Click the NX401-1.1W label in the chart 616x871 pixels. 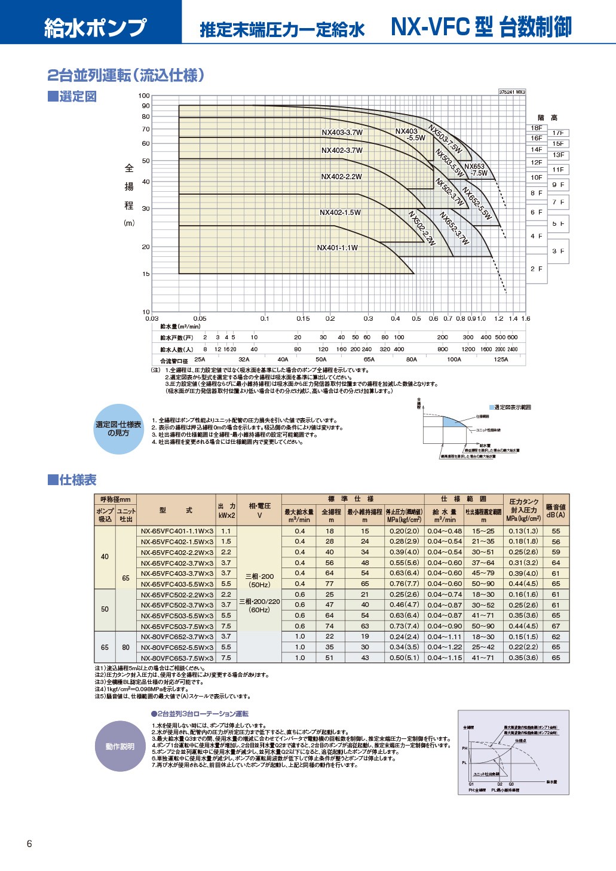[x=337, y=248]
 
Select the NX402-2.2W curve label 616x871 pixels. [x=341, y=177]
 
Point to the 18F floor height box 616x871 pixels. [x=537, y=128]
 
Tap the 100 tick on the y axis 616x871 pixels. [x=144, y=96]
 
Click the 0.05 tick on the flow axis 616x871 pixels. [x=200, y=318]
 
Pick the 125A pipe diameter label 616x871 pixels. [x=501, y=360]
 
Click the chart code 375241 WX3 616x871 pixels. [x=512, y=92]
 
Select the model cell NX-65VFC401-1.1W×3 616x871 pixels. [x=177, y=531]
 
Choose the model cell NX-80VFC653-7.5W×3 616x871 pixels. [x=177, y=658]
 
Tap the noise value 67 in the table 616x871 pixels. [x=556, y=626]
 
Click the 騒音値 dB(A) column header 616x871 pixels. [x=556, y=510]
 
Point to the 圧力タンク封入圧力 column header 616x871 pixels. [x=523, y=510]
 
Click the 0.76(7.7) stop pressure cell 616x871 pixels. [x=404, y=584]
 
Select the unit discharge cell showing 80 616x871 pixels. [x=125, y=647]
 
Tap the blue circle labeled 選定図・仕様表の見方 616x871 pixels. [x=119, y=428]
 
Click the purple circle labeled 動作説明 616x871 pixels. [x=120, y=746]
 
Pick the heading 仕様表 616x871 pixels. [x=72, y=480]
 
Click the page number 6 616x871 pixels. [x=29, y=844]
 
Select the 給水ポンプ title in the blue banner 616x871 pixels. [x=95, y=27]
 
